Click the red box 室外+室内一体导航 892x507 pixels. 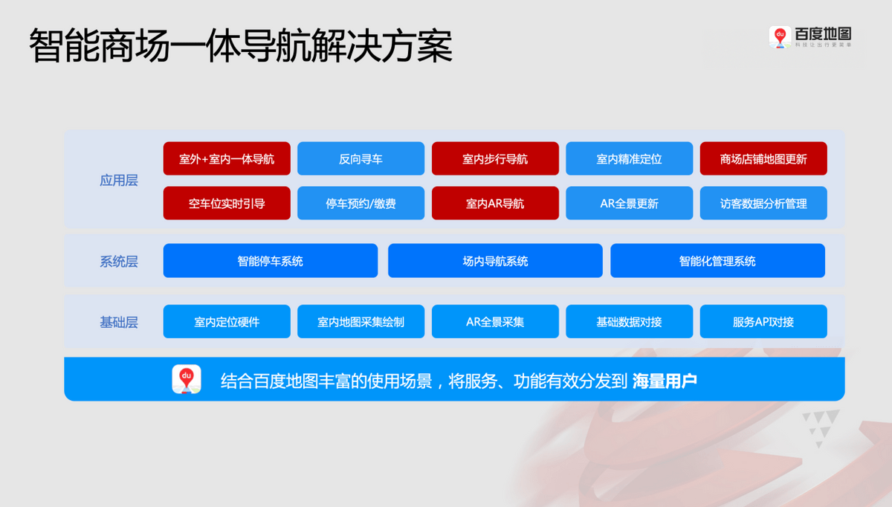(x=227, y=158)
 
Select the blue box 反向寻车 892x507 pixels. (x=361, y=158)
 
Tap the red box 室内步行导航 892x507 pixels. (x=495, y=158)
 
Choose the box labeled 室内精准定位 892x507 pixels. (x=629, y=158)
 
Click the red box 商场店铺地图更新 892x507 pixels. (x=763, y=158)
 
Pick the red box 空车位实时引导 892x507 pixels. (x=227, y=203)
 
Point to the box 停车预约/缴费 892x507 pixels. (x=361, y=203)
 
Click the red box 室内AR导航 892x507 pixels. (x=495, y=203)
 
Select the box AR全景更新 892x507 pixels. (x=629, y=203)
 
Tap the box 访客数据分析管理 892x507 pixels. (x=763, y=203)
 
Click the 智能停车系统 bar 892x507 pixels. (x=271, y=261)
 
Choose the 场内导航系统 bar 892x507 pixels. (x=495, y=261)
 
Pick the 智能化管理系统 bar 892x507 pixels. (x=717, y=261)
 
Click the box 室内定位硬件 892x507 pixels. (x=227, y=322)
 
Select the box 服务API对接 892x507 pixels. (x=763, y=322)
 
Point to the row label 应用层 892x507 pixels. (x=119, y=181)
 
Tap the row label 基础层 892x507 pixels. (x=119, y=322)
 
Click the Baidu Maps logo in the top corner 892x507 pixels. (x=811, y=37)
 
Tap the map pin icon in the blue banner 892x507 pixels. (x=187, y=379)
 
